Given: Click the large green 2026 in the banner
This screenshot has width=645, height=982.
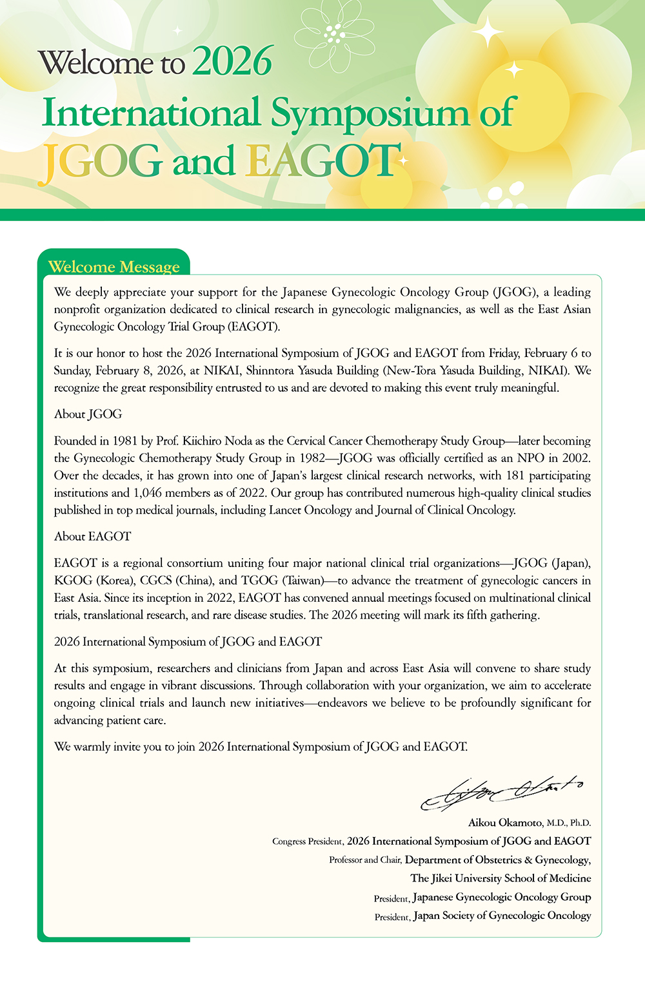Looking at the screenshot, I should point(232,62).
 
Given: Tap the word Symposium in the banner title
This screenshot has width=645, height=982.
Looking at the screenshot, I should point(370,113).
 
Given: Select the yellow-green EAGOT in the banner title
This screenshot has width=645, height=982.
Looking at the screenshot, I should point(322,161).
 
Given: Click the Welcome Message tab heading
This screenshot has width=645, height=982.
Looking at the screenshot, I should point(114,267).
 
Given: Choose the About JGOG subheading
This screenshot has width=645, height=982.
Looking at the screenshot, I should point(88,414).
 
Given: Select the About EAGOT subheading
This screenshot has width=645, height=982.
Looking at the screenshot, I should point(93,536).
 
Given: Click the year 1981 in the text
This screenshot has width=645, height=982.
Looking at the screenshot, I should point(125,441).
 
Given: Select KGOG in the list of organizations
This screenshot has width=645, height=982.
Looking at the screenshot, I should point(74,581).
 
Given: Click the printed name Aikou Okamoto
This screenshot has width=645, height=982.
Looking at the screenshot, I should point(506,823).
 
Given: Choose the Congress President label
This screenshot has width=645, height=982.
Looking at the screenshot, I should point(307,842).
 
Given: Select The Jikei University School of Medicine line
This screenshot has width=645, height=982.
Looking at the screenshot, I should point(501,878).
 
